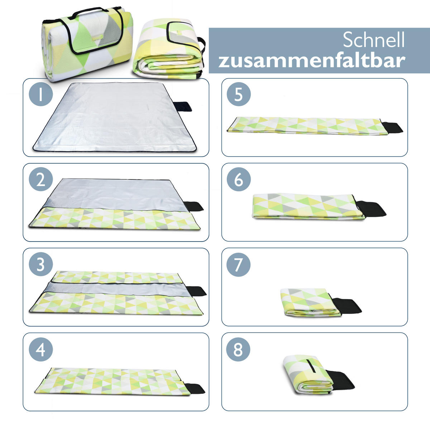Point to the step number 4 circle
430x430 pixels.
pyautogui.click(x=41, y=349)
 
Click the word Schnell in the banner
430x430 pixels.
pyautogui.click(x=373, y=40)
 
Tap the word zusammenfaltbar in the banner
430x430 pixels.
pyautogui.click(x=312, y=60)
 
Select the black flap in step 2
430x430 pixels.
pyautogui.click(x=195, y=206)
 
